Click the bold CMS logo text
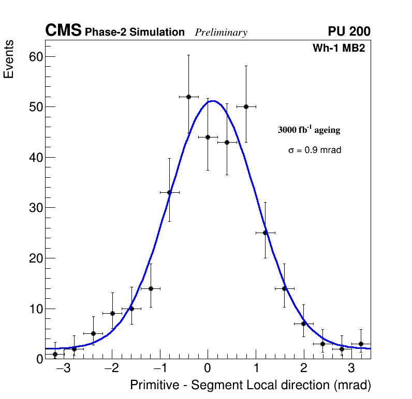(x=63, y=31)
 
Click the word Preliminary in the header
(x=221, y=33)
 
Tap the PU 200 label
(x=349, y=32)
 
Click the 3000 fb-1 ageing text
(x=309, y=130)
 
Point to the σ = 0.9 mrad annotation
(x=315, y=150)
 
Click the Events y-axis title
(x=9, y=59)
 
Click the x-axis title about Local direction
(x=251, y=386)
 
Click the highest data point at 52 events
(x=188, y=97)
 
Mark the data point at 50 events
(x=246, y=106)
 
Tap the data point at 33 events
(x=169, y=192)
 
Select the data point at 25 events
(x=265, y=233)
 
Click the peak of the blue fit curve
(x=213, y=101)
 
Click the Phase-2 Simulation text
(x=135, y=33)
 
